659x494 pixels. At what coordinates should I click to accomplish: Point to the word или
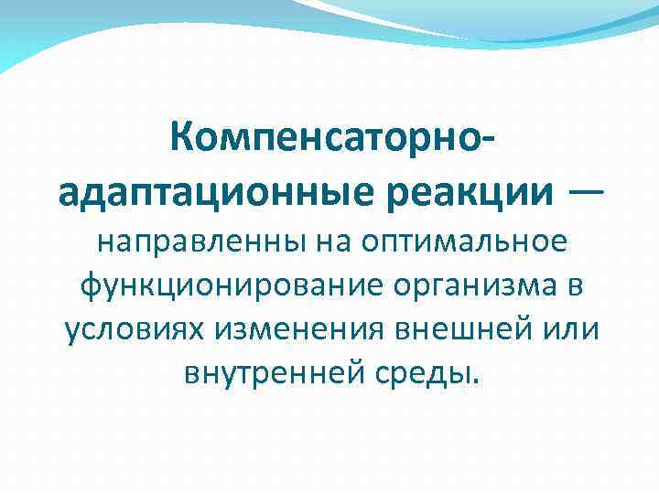pyautogui.click(x=569, y=328)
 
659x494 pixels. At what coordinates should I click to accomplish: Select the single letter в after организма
pyautogui.click(x=574, y=286)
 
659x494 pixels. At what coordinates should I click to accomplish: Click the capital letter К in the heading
pyautogui.click(x=181, y=142)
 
